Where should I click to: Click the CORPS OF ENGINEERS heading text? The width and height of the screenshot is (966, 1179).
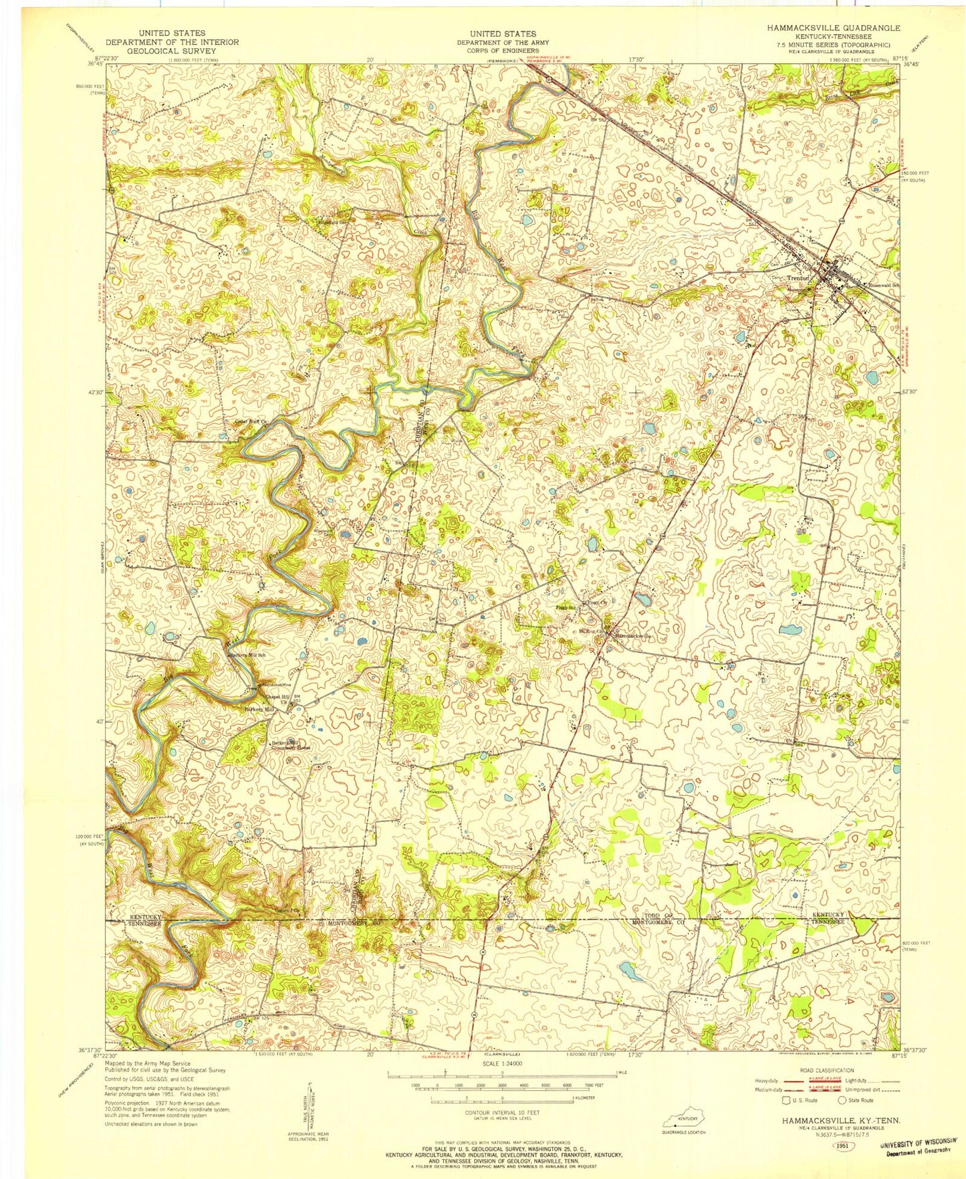pos(502,50)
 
